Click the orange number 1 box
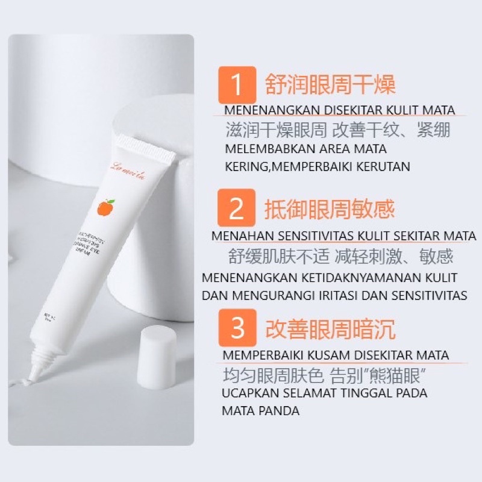[x=237, y=85]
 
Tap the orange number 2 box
[x=237, y=208]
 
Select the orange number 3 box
[x=237, y=329]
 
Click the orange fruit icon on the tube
[x=105, y=208]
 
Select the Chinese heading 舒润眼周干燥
[x=330, y=84]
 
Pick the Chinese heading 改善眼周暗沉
[x=330, y=330]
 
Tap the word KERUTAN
[x=382, y=166]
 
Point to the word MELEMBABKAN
[x=264, y=148]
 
